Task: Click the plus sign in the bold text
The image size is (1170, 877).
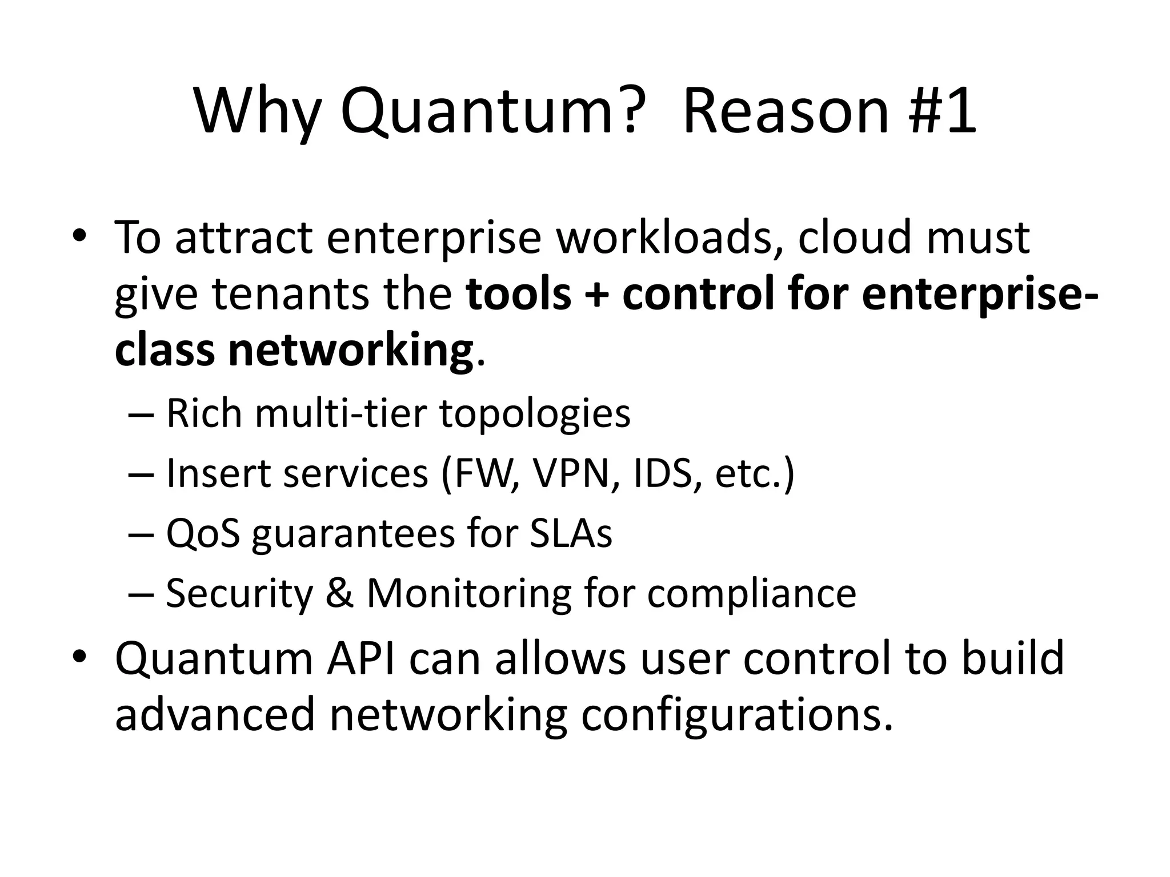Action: click(597, 295)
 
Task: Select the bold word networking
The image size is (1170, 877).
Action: click(350, 351)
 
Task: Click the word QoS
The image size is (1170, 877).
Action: click(203, 533)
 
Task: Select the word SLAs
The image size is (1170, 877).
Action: click(571, 533)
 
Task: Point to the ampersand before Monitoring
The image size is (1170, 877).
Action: click(340, 593)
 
